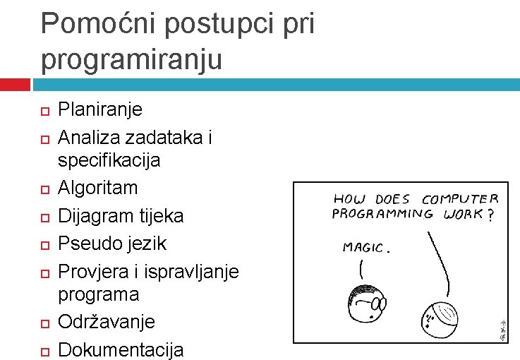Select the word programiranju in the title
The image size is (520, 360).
(131, 60)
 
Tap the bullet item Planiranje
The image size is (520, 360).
(99, 109)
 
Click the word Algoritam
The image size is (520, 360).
(97, 188)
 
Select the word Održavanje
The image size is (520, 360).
(106, 321)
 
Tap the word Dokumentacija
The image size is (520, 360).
(121, 349)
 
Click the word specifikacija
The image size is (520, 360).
(109, 160)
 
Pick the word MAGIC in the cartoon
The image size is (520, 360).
(365, 247)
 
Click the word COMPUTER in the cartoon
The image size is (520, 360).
(461, 200)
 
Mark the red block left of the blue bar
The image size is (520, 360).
(15, 85)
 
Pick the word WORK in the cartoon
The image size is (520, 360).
(463, 214)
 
